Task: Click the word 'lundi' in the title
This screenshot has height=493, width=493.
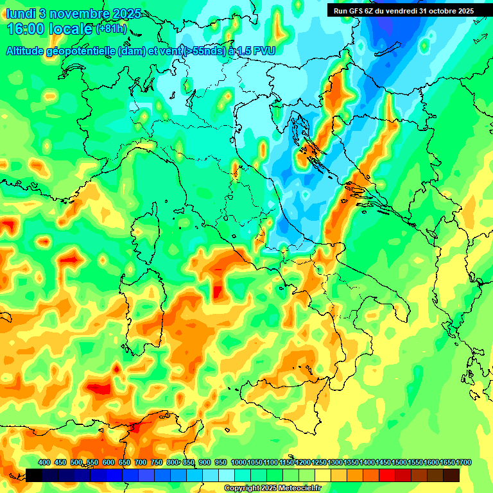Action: [x=19, y=14]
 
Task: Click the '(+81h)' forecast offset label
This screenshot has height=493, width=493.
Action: [x=111, y=29]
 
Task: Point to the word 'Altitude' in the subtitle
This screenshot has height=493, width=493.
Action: [x=29, y=51]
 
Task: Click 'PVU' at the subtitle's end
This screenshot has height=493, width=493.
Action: [x=263, y=51]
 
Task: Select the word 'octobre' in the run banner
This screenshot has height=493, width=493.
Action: [x=436, y=10]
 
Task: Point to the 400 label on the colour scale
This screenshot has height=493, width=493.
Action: [x=44, y=463]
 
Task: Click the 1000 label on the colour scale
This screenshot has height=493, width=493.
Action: [x=238, y=463]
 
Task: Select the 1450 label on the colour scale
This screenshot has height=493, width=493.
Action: [x=383, y=463]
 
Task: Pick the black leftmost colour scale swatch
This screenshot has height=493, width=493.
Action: [x=34, y=475]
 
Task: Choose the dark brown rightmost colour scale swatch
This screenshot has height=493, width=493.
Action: [x=451, y=475]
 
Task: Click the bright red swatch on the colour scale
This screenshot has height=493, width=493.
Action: [x=387, y=475]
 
